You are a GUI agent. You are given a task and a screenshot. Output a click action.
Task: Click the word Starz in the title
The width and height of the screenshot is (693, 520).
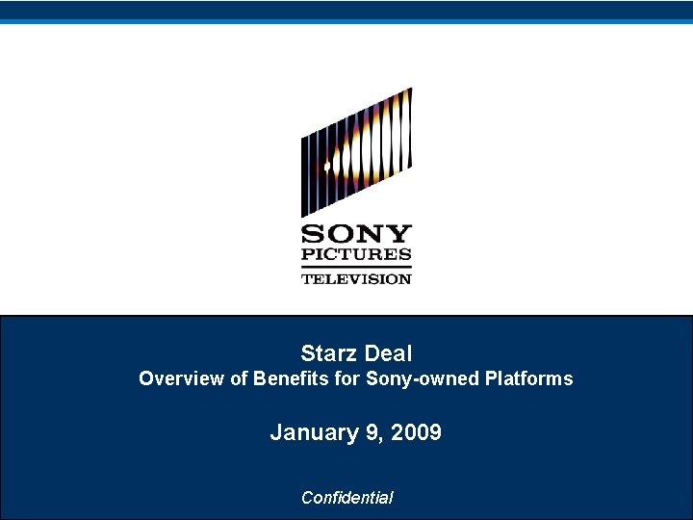tap(327, 353)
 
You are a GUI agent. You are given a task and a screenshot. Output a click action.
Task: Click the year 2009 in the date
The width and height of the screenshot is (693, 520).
tap(417, 432)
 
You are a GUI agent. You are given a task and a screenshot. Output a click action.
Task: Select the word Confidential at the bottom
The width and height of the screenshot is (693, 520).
tap(346, 498)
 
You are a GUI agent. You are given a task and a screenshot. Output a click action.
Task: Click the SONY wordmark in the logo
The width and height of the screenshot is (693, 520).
tap(356, 234)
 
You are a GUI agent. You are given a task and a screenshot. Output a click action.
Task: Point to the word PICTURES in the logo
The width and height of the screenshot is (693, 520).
tap(356, 255)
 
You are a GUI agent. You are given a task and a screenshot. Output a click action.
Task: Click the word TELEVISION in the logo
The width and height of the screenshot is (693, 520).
tap(356, 278)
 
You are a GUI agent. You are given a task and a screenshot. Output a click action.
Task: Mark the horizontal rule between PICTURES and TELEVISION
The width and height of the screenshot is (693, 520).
tap(356, 267)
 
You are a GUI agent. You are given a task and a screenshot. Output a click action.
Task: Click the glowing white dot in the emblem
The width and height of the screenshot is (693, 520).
tap(327, 167)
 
